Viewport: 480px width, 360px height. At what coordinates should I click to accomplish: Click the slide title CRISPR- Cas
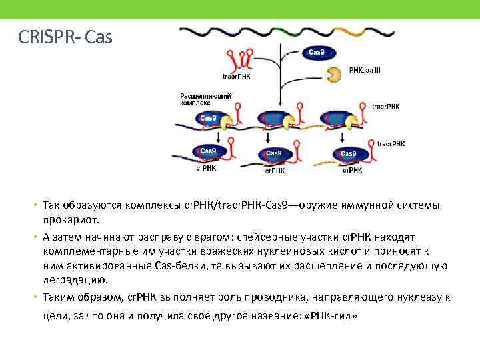pyautogui.click(x=66, y=37)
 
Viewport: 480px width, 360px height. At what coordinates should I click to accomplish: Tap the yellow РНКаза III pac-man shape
pyautogui.click(x=334, y=74)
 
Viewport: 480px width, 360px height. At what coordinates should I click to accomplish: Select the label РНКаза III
pyautogui.click(x=365, y=69)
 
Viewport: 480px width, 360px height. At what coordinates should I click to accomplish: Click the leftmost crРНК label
pyautogui.click(x=205, y=168)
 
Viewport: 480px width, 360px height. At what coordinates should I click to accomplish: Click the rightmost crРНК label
pyautogui.click(x=352, y=171)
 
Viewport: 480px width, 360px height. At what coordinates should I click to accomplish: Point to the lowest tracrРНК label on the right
pyautogui.click(x=391, y=143)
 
